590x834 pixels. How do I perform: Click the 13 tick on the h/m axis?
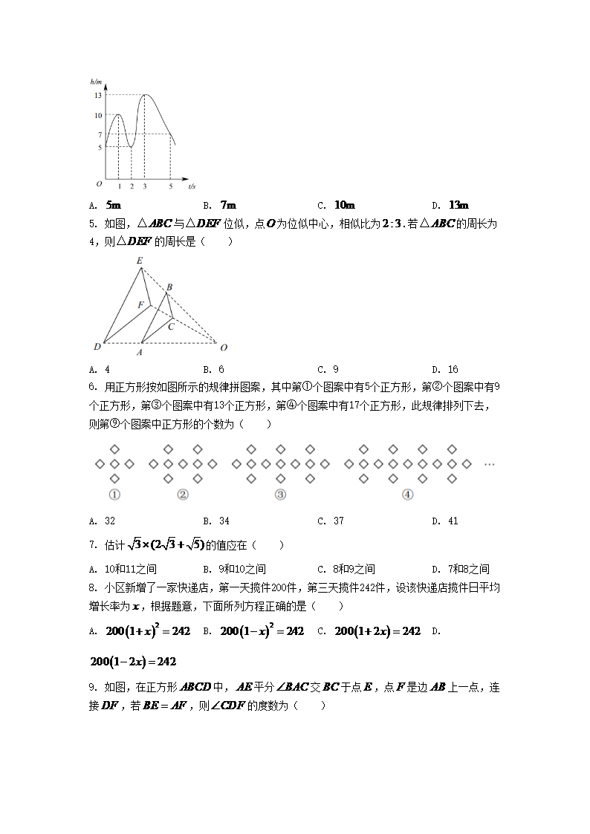pyautogui.click(x=97, y=96)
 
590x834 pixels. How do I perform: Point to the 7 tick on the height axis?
pyautogui.click(x=98, y=134)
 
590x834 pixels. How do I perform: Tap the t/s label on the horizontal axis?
pyautogui.click(x=192, y=186)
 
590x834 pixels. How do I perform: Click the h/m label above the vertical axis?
pyautogui.click(x=96, y=81)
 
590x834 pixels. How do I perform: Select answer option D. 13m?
pyautogui.click(x=450, y=206)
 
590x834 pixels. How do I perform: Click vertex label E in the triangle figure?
pyautogui.click(x=140, y=261)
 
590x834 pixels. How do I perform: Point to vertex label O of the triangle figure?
pyautogui.click(x=224, y=347)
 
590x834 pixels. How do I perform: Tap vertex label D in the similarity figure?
pyautogui.click(x=97, y=347)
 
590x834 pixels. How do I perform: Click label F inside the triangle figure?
pyautogui.click(x=140, y=304)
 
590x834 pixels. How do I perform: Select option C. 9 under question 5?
pyautogui.click(x=328, y=369)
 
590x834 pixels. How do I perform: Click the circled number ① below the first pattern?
pyautogui.click(x=114, y=495)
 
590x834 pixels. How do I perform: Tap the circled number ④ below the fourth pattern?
pyautogui.click(x=407, y=495)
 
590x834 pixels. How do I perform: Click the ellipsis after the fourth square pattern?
pyautogui.click(x=490, y=464)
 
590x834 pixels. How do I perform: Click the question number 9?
pyautogui.click(x=92, y=688)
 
